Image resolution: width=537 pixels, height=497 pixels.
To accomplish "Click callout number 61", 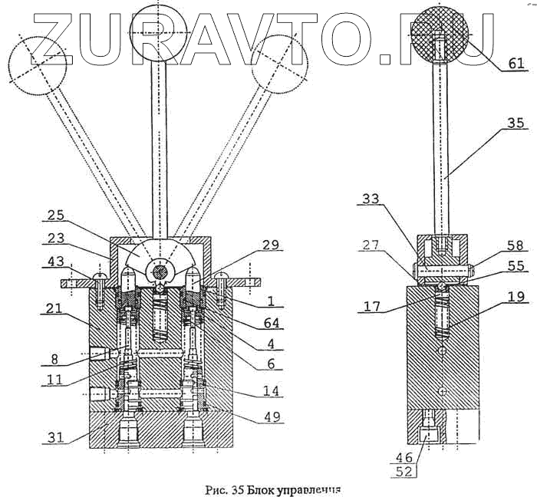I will (516, 63).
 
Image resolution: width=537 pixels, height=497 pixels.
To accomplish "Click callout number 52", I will (404, 472).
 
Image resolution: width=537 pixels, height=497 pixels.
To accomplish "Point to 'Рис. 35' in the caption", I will (222, 487).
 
